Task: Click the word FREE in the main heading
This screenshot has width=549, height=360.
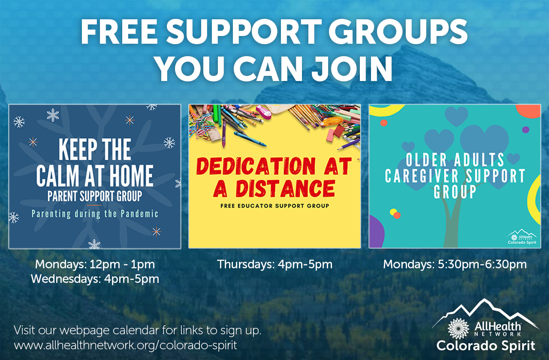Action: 119,32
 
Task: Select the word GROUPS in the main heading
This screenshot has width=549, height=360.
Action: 398,32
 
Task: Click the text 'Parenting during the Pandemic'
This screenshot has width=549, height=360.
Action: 95,214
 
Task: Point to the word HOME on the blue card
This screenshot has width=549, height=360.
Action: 131,175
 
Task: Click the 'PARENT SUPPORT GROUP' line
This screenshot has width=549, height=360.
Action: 95,196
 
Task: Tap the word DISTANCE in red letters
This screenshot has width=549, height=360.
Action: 285,189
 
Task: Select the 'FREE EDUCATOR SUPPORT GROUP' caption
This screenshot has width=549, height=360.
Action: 274,206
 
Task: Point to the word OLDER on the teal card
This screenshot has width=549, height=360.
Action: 426,160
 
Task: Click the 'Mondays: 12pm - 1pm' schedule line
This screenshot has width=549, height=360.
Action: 95,264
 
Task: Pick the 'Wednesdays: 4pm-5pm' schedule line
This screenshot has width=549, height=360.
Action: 95,279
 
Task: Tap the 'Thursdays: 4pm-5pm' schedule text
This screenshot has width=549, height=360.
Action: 275,264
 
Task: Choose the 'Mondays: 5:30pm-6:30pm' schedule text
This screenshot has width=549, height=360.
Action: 455,264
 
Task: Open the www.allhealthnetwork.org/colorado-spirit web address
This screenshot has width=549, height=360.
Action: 126,345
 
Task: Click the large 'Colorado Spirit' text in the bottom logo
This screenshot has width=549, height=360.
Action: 486,346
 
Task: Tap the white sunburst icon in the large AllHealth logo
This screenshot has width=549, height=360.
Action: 459,329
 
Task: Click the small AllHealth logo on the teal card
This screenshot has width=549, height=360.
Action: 522,237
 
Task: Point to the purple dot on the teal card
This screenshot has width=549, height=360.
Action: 525,129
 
